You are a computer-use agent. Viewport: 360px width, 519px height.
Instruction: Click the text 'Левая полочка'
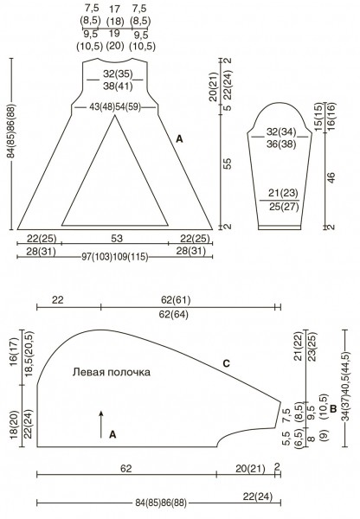coord(112,372)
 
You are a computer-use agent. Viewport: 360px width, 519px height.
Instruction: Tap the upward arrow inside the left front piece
coord(101,424)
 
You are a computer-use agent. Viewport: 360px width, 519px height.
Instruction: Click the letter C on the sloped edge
coord(226,363)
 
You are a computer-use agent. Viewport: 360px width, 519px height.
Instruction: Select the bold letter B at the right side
coord(333,409)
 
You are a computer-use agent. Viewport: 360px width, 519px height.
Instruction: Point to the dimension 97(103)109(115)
coord(115,257)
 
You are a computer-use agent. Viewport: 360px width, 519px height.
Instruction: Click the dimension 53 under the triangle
coord(117,239)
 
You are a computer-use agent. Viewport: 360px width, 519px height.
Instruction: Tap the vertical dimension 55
coord(228,163)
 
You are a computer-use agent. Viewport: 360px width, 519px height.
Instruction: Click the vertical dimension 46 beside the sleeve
coord(331,177)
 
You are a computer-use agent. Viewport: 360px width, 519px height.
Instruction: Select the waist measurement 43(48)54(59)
coord(115,107)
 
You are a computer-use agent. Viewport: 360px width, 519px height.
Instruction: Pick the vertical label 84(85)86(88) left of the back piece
coord(11,131)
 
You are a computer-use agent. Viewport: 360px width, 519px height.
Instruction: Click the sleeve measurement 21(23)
coord(284,193)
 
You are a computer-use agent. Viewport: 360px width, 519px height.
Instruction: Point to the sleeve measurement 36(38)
coord(281,144)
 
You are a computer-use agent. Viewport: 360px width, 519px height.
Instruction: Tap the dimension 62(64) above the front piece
coord(174,314)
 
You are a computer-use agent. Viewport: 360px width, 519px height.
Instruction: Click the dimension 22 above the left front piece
coord(58,300)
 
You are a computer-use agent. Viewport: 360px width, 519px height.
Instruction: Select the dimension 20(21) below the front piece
coord(251,469)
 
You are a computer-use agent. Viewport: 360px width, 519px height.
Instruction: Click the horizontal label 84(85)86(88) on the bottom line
coord(161,503)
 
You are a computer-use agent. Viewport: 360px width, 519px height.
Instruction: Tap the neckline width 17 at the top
coord(114,9)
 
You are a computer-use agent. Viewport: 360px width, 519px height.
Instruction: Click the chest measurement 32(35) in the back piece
coord(118,74)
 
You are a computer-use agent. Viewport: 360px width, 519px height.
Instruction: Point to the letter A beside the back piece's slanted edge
coord(179,139)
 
